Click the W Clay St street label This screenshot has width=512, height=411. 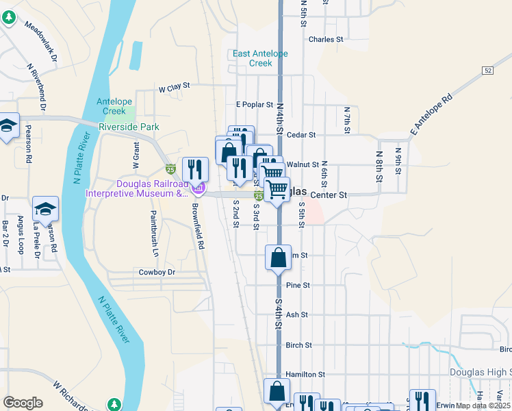pyautogui.click(x=173, y=88)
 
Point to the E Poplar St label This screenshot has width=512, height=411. pyautogui.click(x=254, y=105)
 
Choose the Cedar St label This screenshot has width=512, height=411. pyautogui.click(x=301, y=136)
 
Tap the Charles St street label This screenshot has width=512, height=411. pyautogui.click(x=326, y=40)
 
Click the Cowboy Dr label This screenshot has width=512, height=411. pyautogui.click(x=157, y=272)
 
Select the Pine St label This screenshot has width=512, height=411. pyautogui.click(x=298, y=285)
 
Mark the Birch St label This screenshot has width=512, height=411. pyautogui.click(x=299, y=345)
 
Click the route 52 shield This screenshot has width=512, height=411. pyautogui.click(x=487, y=71)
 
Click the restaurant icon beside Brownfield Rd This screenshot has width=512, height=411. pyautogui.click(x=195, y=169)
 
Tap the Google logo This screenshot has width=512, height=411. pyautogui.click(x=23, y=402)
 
